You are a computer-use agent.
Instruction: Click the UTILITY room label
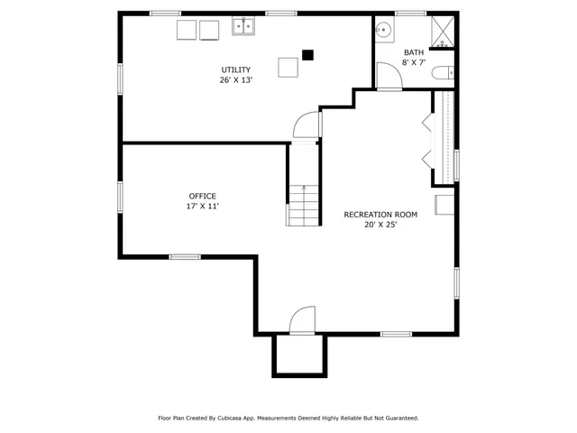(236, 69)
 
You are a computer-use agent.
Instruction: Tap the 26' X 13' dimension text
(236, 80)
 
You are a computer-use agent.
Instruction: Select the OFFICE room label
(202, 196)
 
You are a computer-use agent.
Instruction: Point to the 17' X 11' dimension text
(202, 207)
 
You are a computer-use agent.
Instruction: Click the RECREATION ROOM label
(380, 215)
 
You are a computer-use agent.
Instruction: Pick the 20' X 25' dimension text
(380, 225)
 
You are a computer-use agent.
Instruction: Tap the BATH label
(414, 52)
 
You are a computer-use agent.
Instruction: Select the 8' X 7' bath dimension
(414, 63)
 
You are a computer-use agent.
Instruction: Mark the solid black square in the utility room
(307, 54)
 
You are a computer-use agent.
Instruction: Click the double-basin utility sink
(243, 28)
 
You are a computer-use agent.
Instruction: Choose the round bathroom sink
(384, 29)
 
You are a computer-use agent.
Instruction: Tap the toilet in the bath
(443, 75)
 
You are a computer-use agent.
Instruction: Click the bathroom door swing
(389, 78)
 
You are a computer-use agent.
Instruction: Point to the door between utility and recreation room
(307, 124)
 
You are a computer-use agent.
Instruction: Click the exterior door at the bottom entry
(302, 321)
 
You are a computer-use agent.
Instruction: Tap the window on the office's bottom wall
(185, 257)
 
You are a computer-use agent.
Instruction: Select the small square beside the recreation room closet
(444, 205)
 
